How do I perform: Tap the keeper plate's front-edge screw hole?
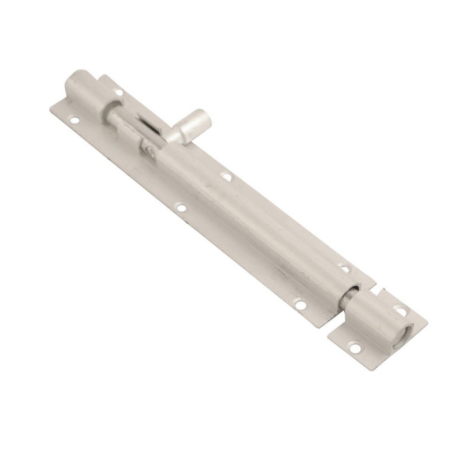pos(353,348)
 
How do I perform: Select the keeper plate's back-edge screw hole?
pos(401,310)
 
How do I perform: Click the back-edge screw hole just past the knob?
pos(226,177)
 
